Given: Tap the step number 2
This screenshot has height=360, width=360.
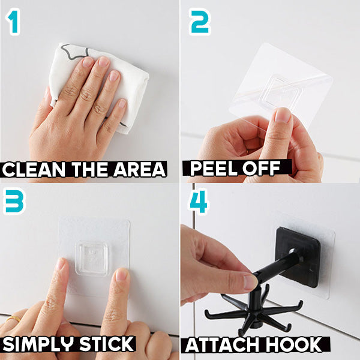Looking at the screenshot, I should point(200,22).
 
